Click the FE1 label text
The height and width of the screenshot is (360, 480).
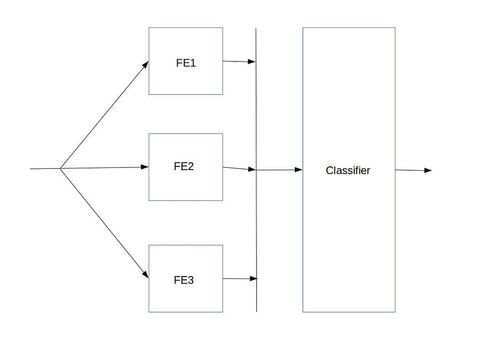pyautogui.click(x=186, y=63)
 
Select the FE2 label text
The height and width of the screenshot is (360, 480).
pyautogui.click(x=184, y=166)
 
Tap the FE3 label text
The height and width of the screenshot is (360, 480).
pyautogui.click(x=184, y=280)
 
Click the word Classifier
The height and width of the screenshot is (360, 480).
pyautogui.click(x=348, y=171)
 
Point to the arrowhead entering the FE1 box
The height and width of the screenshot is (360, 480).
pyautogui.click(x=146, y=64)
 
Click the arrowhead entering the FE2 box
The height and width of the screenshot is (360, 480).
pyautogui.click(x=145, y=167)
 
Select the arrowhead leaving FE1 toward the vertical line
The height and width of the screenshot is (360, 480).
pyautogui.click(x=252, y=61)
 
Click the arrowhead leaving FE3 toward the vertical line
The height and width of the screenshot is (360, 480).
pyautogui.click(x=254, y=279)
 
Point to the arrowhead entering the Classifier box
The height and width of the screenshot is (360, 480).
pyautogui.click(x=299, y=170)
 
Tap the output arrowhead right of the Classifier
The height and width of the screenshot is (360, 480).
pyautogui.click(x=427, y=171)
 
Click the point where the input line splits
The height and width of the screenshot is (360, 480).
pyautogui.click(x=60, y=168)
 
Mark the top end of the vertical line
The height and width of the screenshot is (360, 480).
pyautogui.click(x=256, y=29)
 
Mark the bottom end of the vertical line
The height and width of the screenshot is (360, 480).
pyautogui.click(x=256, y=311)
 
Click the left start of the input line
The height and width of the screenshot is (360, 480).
pyautogui.click(x=30, y=169)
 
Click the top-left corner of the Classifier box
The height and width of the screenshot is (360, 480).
pyautogui.click(x=303, y=28)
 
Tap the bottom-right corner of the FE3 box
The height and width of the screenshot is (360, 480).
pyautogui.click(x=223, y=312)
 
